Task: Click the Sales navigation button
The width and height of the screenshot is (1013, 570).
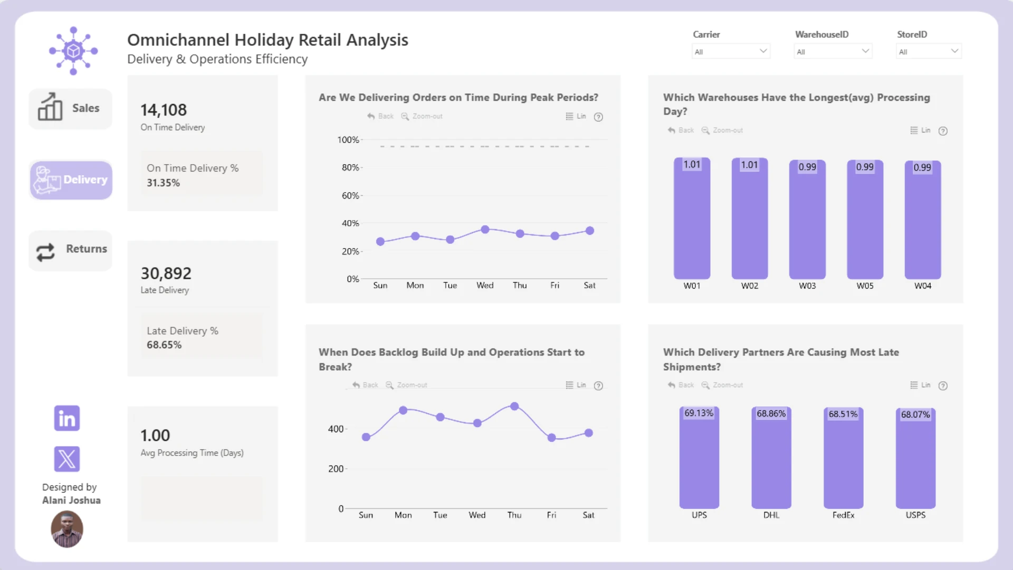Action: click(70, 108)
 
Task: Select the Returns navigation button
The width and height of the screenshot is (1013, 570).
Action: click(70, 250)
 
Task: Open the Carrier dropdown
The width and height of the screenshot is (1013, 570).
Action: click(731, 51)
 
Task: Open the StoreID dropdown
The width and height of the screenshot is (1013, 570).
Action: click(929, 51)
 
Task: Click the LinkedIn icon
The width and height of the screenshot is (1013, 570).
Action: click(67, 418)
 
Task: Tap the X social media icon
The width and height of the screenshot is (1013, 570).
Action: click(67, 459)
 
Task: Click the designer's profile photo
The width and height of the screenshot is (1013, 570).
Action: click(67, 529)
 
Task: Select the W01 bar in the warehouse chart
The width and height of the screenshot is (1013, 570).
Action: click(692, 218)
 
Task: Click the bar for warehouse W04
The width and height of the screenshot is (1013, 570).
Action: click(923, 220)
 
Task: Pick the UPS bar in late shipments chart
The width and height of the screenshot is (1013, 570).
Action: click(699, 458)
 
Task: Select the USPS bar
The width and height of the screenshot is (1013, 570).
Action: click(915, 459)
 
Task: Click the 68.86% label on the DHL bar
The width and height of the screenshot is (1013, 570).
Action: click(771, 414)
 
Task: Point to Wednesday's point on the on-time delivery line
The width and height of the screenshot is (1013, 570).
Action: click(485, 230)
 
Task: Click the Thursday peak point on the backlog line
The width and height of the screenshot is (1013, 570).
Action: click(514, 406)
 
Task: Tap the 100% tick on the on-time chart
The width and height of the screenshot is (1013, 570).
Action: click(348, 140)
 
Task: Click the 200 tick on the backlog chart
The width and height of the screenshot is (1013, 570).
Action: click(336, 469)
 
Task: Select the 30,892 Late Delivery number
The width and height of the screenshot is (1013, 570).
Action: click(166, 273)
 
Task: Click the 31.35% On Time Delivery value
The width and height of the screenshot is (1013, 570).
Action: click(163, 183)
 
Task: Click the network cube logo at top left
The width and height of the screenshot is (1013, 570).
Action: click(73, 51)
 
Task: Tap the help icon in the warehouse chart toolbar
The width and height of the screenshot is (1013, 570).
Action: click(943, 131)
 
